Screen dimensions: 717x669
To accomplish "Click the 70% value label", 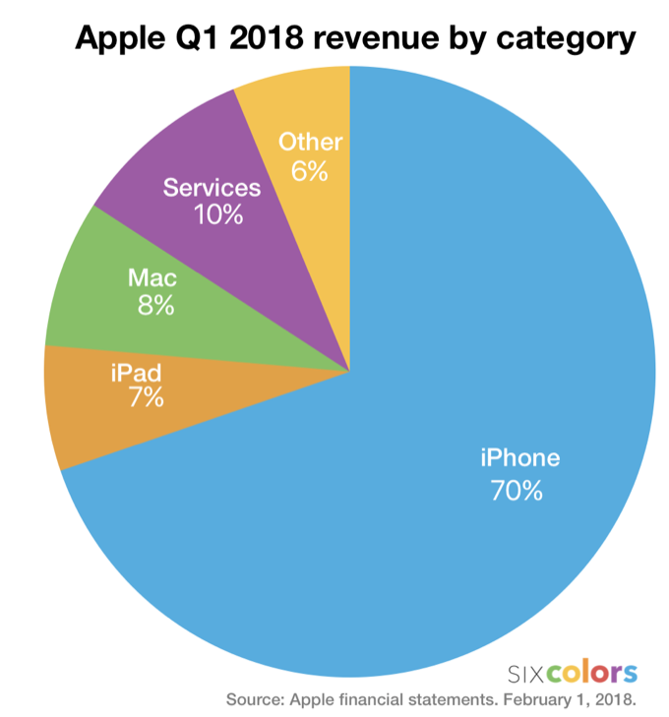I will coord(516,490).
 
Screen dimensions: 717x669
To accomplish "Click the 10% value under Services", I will coord(217,213).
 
